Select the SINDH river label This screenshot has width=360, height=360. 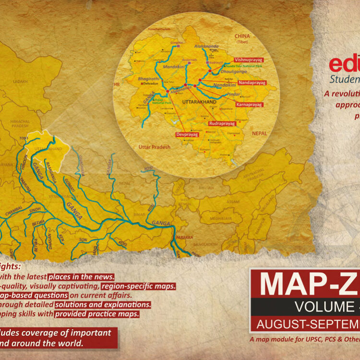coord(35,211)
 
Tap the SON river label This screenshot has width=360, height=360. coord(83,240)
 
